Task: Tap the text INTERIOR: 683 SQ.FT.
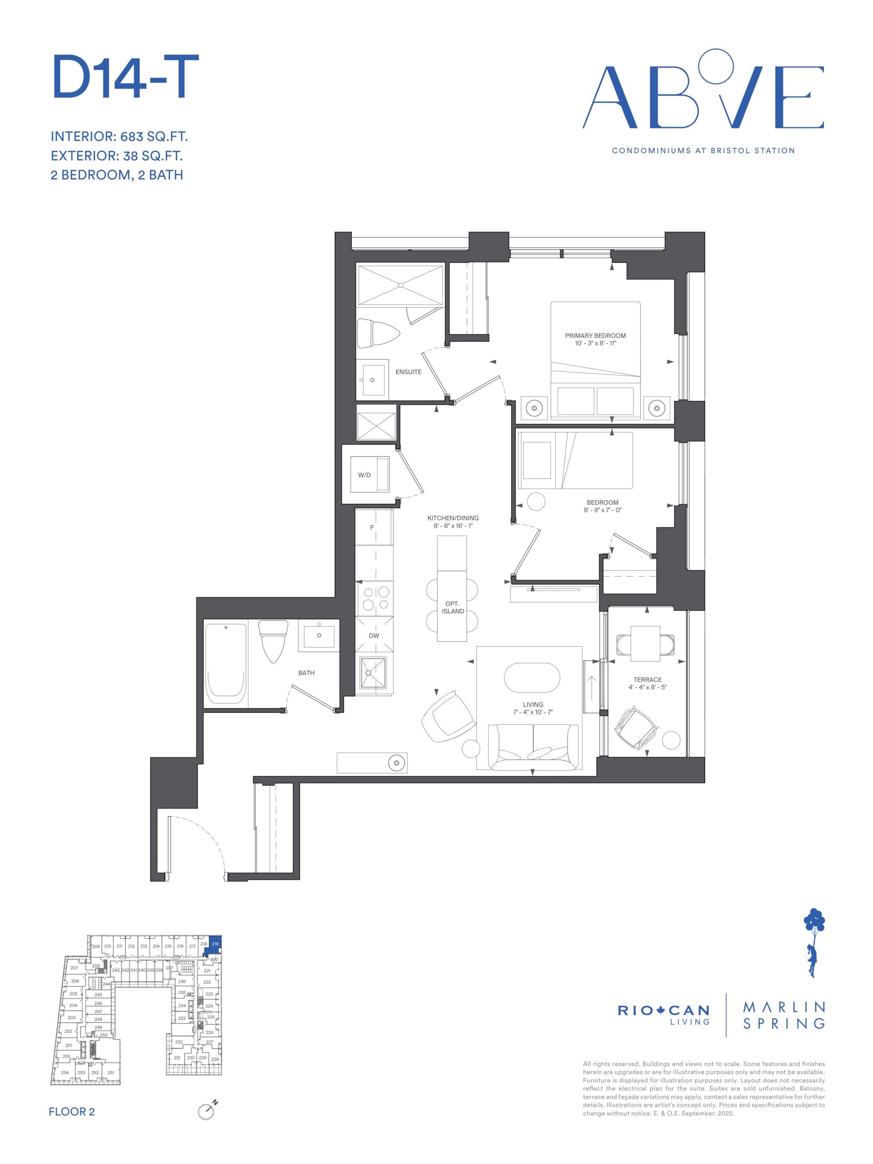[x=119, y=137]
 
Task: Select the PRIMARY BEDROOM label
[x=595, y=336]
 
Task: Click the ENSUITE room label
[x=408, y=372]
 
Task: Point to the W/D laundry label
[x=364, y=475]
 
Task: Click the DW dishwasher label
[x=374, y=636]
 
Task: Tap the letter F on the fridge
[x=372, y=527]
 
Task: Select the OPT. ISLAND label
[x=452, y=607]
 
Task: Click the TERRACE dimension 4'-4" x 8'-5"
[x=647, y=687]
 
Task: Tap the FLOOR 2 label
[x=71, y=1111]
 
